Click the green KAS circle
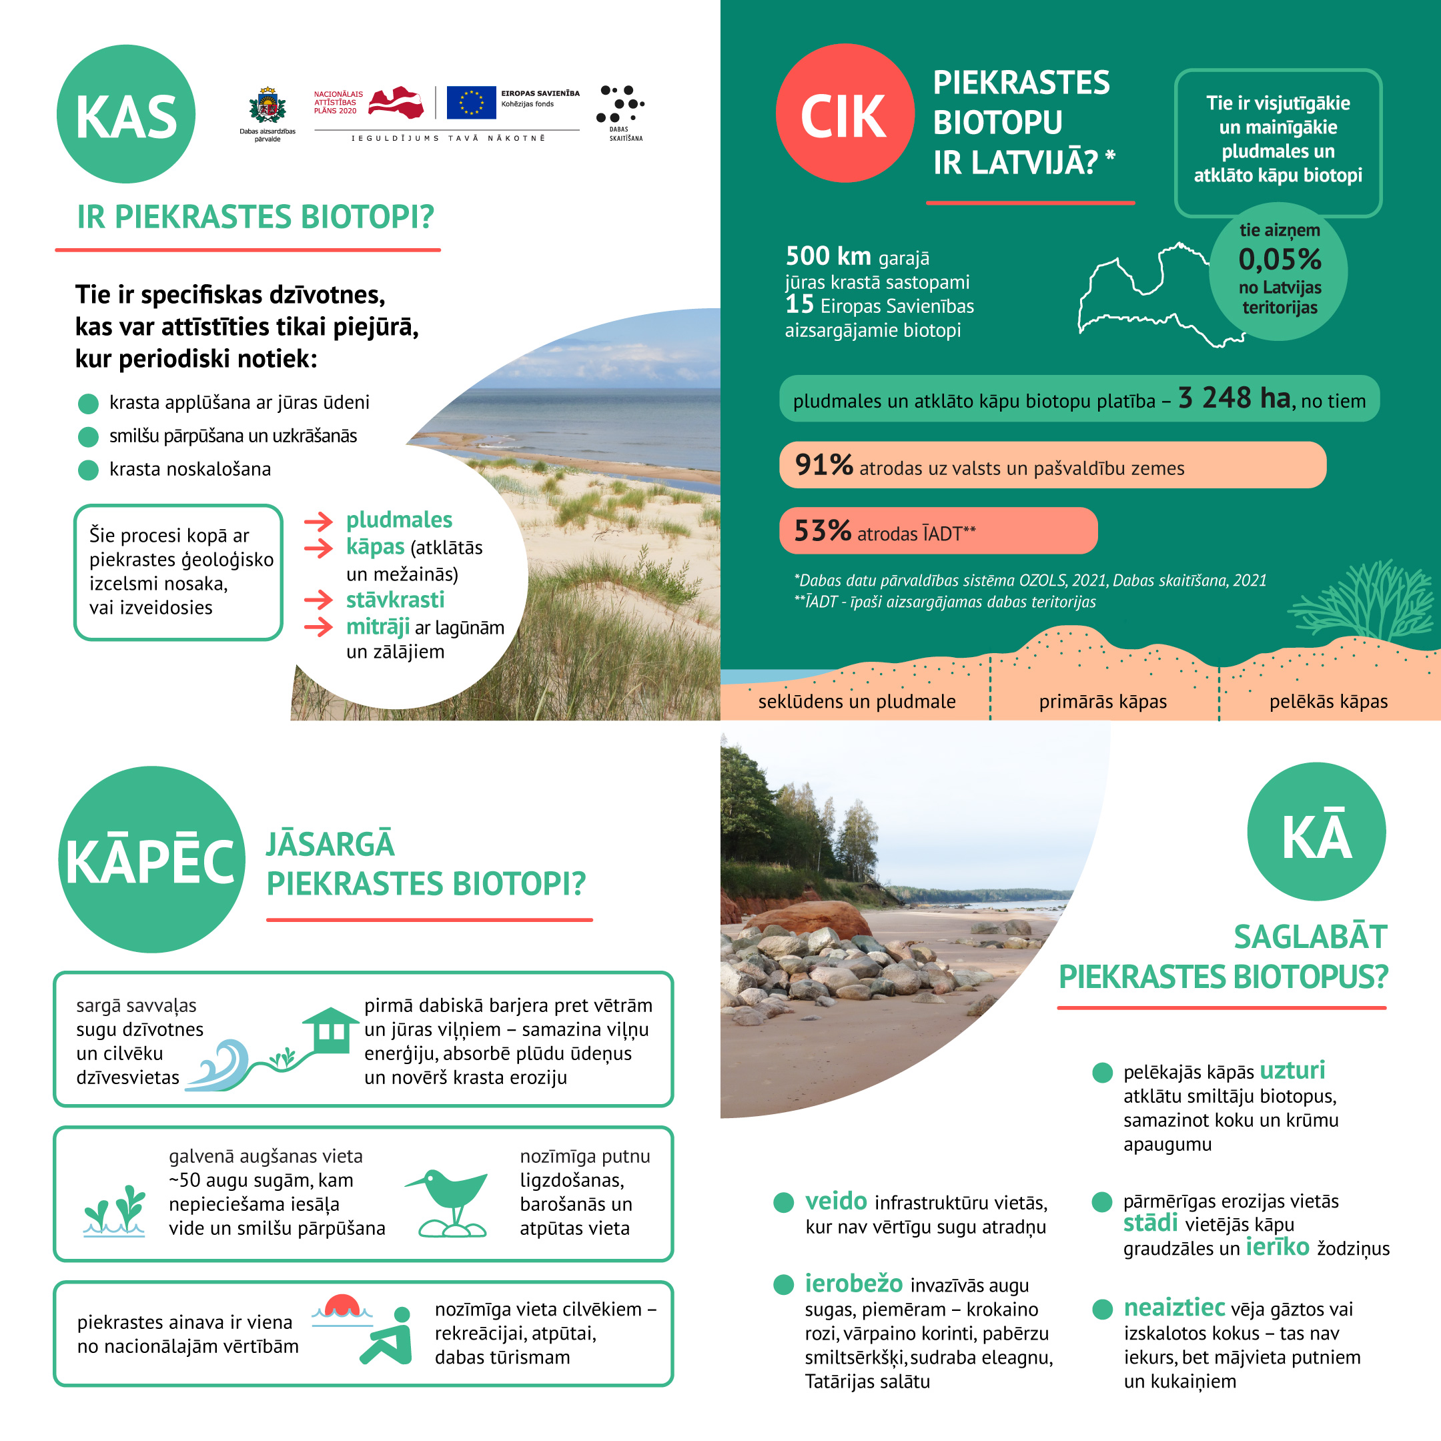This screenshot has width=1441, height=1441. (x=125, y=114)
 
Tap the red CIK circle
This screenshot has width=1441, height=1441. (x=845, y=113)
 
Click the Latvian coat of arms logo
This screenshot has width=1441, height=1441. (x=267, y=107)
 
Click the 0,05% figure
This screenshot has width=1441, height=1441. (x=1279, y=260)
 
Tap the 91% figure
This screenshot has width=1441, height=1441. (x=823, y=465)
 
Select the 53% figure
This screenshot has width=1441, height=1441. (x=822, y=531)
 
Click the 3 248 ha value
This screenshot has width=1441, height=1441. (x=1234, y=398)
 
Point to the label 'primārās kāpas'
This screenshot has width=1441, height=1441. (x=1102, y=701)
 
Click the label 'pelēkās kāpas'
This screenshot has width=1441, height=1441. (x=1328, y=701)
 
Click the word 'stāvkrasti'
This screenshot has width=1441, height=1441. (x=394, y=600)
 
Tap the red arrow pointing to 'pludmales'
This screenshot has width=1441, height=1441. (x=318, y=521)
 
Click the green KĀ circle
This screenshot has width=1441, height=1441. (x=1316, y=832)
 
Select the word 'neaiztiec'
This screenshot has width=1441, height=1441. (x=1174, y=1308)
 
